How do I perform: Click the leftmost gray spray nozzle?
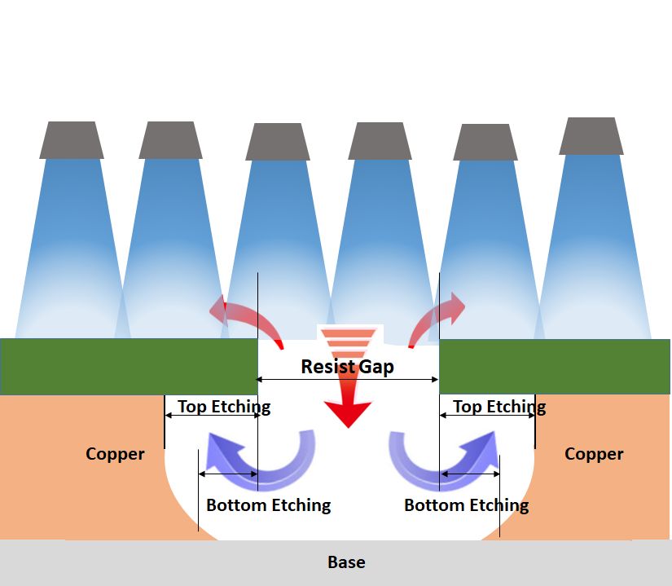pyautogui.click(x=72, y=140)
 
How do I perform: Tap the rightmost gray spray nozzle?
pyautogui.click(x=591, y=136)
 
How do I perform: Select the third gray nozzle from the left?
pyautogui.click(x=279, y=142)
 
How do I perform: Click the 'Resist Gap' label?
pyautogui.click(x=347, y=367)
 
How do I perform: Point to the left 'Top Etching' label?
pyautogui.click(x=224, y=406)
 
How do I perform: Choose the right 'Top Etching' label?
pyautogui.click(x=499, y=406)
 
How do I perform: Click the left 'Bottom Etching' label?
pyautogui.click(x=269, y=505)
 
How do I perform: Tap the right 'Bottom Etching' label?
pyautogui.click(x=467, y=505)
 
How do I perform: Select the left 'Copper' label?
pyautogui.click(x=115, y=454)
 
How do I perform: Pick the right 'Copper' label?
pyautogui.click(x=594, y=454)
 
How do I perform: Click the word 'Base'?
pyautogui.click(x=346, y=562)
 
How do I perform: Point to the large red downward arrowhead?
pyautogui.click(x=346, y=412)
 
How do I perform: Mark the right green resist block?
pyautogui.click(x=555, y=367)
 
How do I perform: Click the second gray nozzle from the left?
pyautogui.click(x=170, y=140)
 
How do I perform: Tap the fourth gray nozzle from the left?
pyautogui.click(x=380, y=141)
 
